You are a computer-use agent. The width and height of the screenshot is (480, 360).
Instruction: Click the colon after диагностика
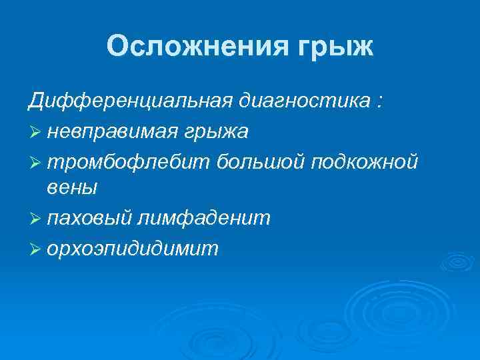pos(379,104)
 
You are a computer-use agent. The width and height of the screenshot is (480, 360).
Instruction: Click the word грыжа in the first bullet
pos(219,132)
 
